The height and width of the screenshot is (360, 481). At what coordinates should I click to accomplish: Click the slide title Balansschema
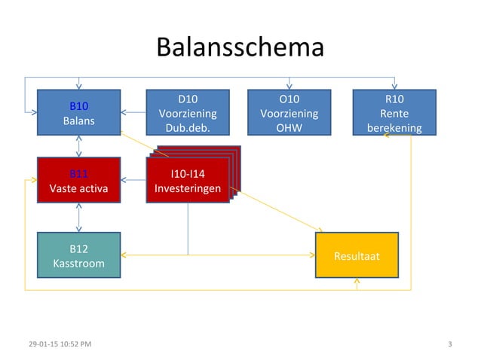(x=240, y=47)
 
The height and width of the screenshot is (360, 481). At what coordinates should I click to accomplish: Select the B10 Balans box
(x=79, y=113)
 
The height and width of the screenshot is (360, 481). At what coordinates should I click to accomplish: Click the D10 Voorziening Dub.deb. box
(x=187, y=113)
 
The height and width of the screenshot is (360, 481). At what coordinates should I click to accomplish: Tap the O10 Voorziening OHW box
(x=289, y=113)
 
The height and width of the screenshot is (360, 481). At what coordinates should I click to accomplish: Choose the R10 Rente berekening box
(x=394, y=113)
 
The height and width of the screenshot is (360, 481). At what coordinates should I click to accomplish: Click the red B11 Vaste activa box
(x=79, y=181)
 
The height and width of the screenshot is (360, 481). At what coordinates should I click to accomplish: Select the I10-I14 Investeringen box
(x=187, y=181)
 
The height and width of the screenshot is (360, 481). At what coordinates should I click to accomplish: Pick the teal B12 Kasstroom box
(x=79, y=255)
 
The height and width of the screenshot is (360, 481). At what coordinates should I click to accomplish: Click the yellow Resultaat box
(x=356, y=255)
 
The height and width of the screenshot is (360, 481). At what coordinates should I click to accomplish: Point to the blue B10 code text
(x=79, y=106)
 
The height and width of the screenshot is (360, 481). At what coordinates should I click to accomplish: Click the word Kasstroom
(x=79, y=264)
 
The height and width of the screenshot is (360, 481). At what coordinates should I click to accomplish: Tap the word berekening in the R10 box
(x=394, y=127)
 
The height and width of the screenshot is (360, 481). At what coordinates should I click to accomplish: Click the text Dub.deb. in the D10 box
(x=187, y=127)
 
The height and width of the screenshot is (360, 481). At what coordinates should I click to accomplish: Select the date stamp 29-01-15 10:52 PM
(x=60, y=344)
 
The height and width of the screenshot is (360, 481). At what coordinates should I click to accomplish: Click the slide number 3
(x=449, y=344)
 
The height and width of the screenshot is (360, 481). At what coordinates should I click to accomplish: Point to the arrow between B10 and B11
(x=79, y=147)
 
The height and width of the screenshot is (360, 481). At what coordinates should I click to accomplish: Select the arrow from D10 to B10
(x=133, y=113)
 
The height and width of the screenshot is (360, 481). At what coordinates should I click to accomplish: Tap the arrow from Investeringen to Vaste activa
(x=133, y=181)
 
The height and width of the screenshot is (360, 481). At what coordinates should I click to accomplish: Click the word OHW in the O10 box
(x=289, y=127)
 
